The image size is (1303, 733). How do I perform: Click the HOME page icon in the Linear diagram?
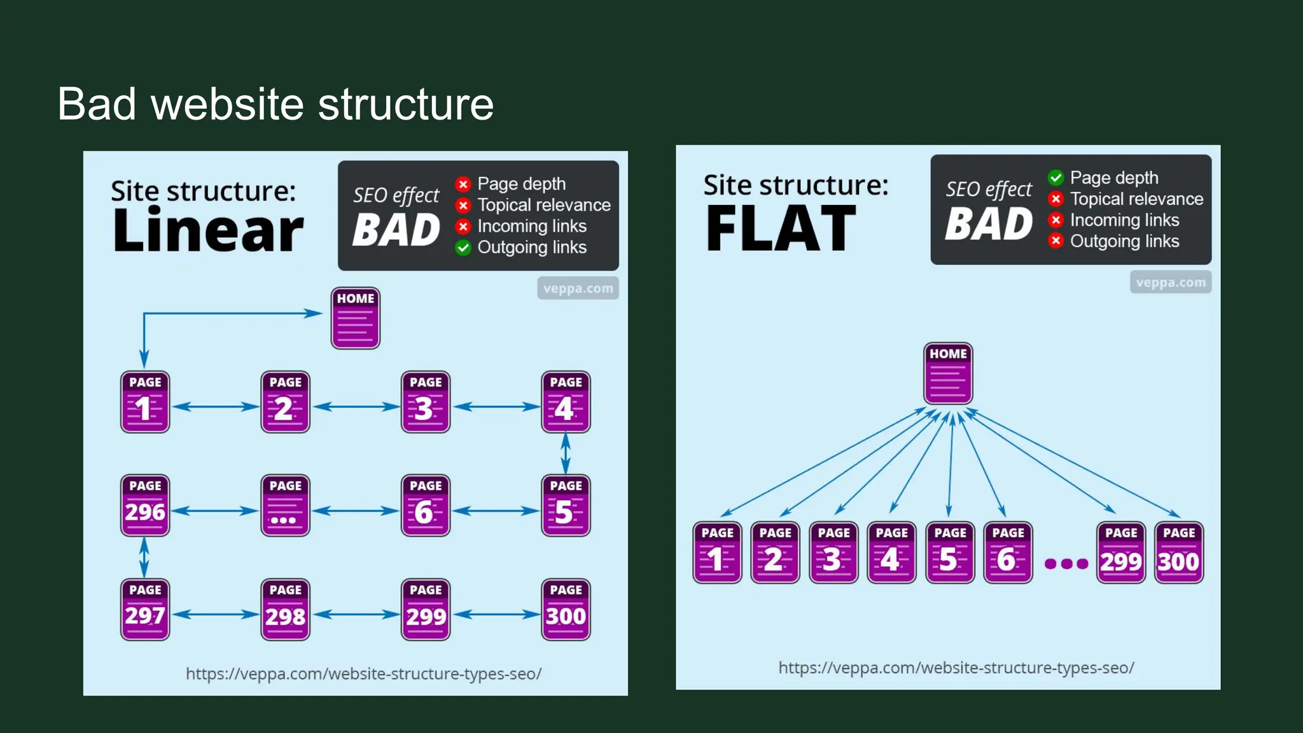pyautogui.click(x=355, y=318)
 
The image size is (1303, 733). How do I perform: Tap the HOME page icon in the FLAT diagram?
pyautogui.click(x=948, y=373)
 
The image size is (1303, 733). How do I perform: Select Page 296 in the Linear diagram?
pyautogui.click(x=145, y=505)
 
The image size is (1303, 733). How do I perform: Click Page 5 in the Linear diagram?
pyautogui.click(x=566, y=505)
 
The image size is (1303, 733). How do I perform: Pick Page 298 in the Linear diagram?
pyautogui.click(x=285, y=610)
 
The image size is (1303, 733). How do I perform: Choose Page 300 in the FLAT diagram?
pyautogui.click(x=1179, y=552)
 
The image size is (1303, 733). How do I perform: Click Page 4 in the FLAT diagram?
pyautogui.click(x=891, y=552)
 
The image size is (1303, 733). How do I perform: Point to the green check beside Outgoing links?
pyautogui.click(x=463, y=248)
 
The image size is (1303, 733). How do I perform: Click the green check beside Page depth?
pyautogui.click(x=1056, y=178)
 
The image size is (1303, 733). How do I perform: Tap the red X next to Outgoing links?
pyautogui.click(x=1056, y=241)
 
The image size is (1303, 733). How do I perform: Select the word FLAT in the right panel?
pyautogui.click(x=781, y=229)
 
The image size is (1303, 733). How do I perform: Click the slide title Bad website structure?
pyautogui.click(x=275, y=104)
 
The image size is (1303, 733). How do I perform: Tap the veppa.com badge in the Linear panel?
pyautogui.click(x=578, y=288)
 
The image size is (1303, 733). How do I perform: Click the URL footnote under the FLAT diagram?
pyautogui.click(x=956, y=667)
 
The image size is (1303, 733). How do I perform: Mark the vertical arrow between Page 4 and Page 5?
pyautogui.click(x=566, y=454)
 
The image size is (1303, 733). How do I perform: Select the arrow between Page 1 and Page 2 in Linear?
pyautogui.click(x=216, y=407)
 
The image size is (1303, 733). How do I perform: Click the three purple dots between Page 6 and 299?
pyautogui.click(x=1066, y=563)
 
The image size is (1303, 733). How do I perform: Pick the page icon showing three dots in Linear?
pyautogui.click(x=285, y=505)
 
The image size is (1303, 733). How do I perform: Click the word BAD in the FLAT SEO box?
pyautogui.click(x=988, y=225)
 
